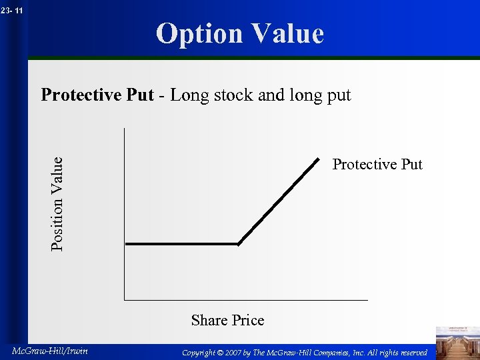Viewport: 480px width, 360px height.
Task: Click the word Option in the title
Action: (x=197, y=34)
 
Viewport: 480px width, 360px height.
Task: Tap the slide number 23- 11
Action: (x=12, y=10)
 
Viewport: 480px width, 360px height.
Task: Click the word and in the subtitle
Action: (x=271, y=95)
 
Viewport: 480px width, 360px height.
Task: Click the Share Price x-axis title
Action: (x=227, y=321)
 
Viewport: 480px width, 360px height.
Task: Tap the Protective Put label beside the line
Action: (x=377, y=165)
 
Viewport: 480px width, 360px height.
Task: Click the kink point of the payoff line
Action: (x=239, y=244)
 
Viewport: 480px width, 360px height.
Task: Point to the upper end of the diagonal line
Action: (x=318, y=158)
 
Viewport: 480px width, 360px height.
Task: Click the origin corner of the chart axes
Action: (x=124, y=300)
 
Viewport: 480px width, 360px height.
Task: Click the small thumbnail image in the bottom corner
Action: (x=457, y=342)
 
